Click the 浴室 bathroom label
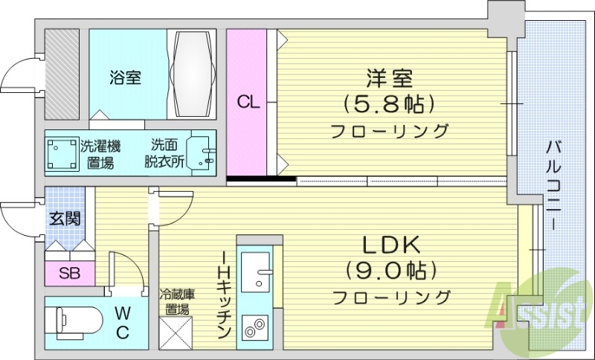pos(125,77)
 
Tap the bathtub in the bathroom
pos(193,73)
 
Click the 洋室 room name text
pos(390,78)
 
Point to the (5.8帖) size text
pos(390,103)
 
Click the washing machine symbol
pos(62,154)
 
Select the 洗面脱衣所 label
pos(166,153)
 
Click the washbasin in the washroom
pos(202,154)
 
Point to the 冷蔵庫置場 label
pos(176,301)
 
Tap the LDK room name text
pos(391,244)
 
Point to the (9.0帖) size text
pos(391,269)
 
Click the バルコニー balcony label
pos(554,176)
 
